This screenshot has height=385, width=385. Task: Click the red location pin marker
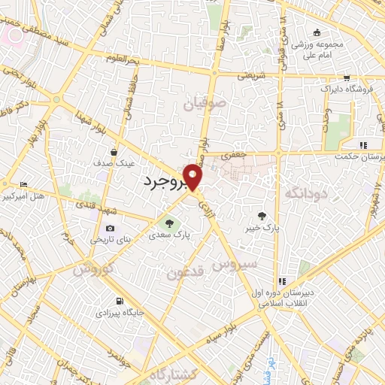point(193,175)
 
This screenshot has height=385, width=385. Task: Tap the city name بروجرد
point(167,182)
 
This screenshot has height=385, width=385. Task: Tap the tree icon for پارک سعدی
point(169,223)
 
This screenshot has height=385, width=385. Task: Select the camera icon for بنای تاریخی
point(111,229)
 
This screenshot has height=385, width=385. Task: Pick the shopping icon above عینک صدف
point(114,151)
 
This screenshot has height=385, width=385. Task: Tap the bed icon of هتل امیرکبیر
point(24,184)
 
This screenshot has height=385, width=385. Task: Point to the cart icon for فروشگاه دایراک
point(346,77)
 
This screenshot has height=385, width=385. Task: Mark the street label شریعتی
point(252,76)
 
